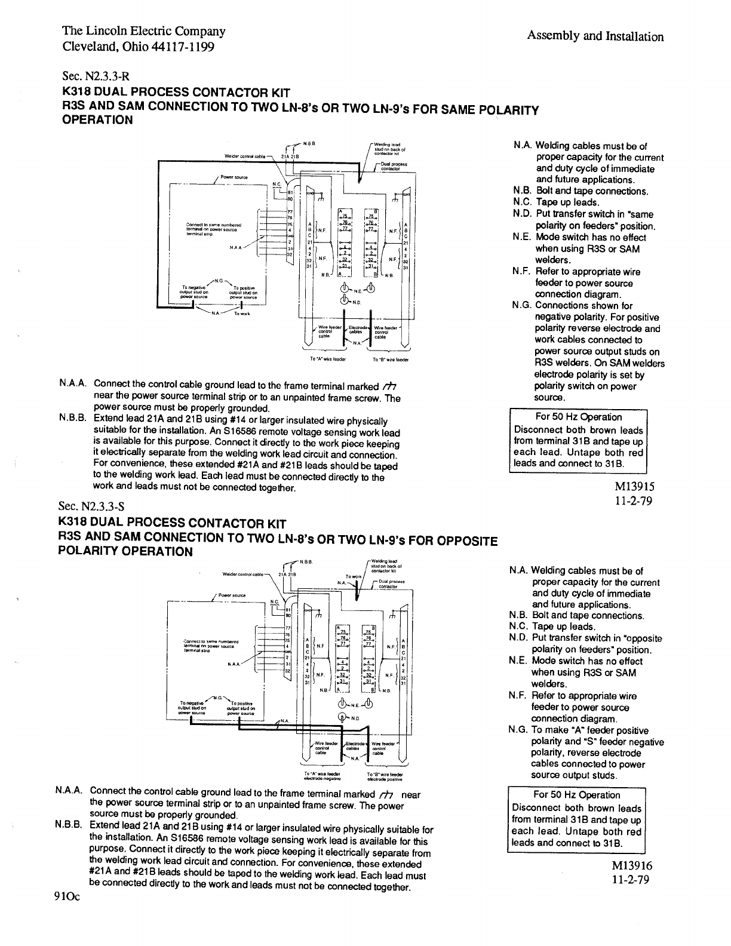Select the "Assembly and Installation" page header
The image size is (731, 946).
(595, 36)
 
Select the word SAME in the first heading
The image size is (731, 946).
(459, 109)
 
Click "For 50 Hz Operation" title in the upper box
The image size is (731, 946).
(578, 417)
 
